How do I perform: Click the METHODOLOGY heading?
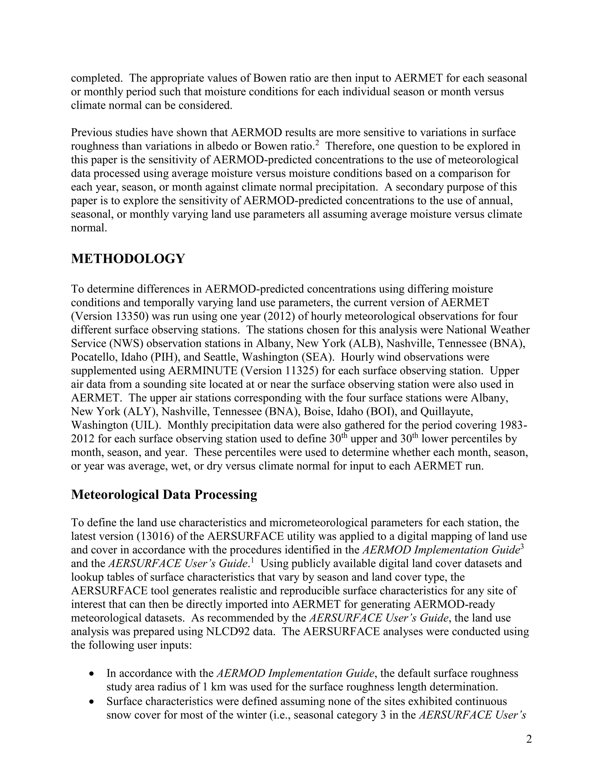[x=128, y=258]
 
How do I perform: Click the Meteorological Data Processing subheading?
[x=164, y=495]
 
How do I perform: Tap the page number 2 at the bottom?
[x=529, y=739]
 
